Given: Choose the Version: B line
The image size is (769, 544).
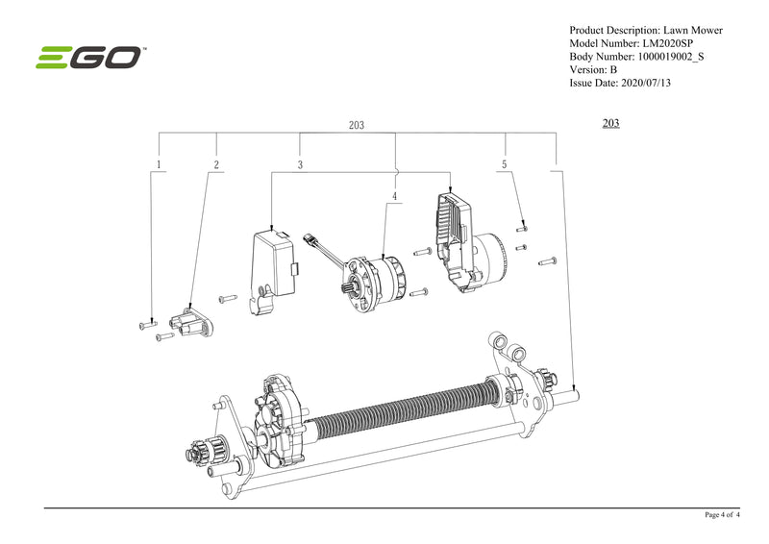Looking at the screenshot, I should [x=593, y=70].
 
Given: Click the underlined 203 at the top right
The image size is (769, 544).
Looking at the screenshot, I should [x=609, y=123].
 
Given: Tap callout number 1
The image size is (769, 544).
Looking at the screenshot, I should [x=158, y=165].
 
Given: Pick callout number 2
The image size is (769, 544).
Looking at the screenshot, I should [x=216, y=165].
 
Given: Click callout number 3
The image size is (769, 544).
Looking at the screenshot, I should [x=300, y=165].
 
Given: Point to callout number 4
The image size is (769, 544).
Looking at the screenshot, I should [x=394, y=196].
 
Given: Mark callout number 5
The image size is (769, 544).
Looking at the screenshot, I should [x=504, y=165].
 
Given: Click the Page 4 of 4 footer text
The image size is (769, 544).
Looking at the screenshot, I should [x=725, y=515].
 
